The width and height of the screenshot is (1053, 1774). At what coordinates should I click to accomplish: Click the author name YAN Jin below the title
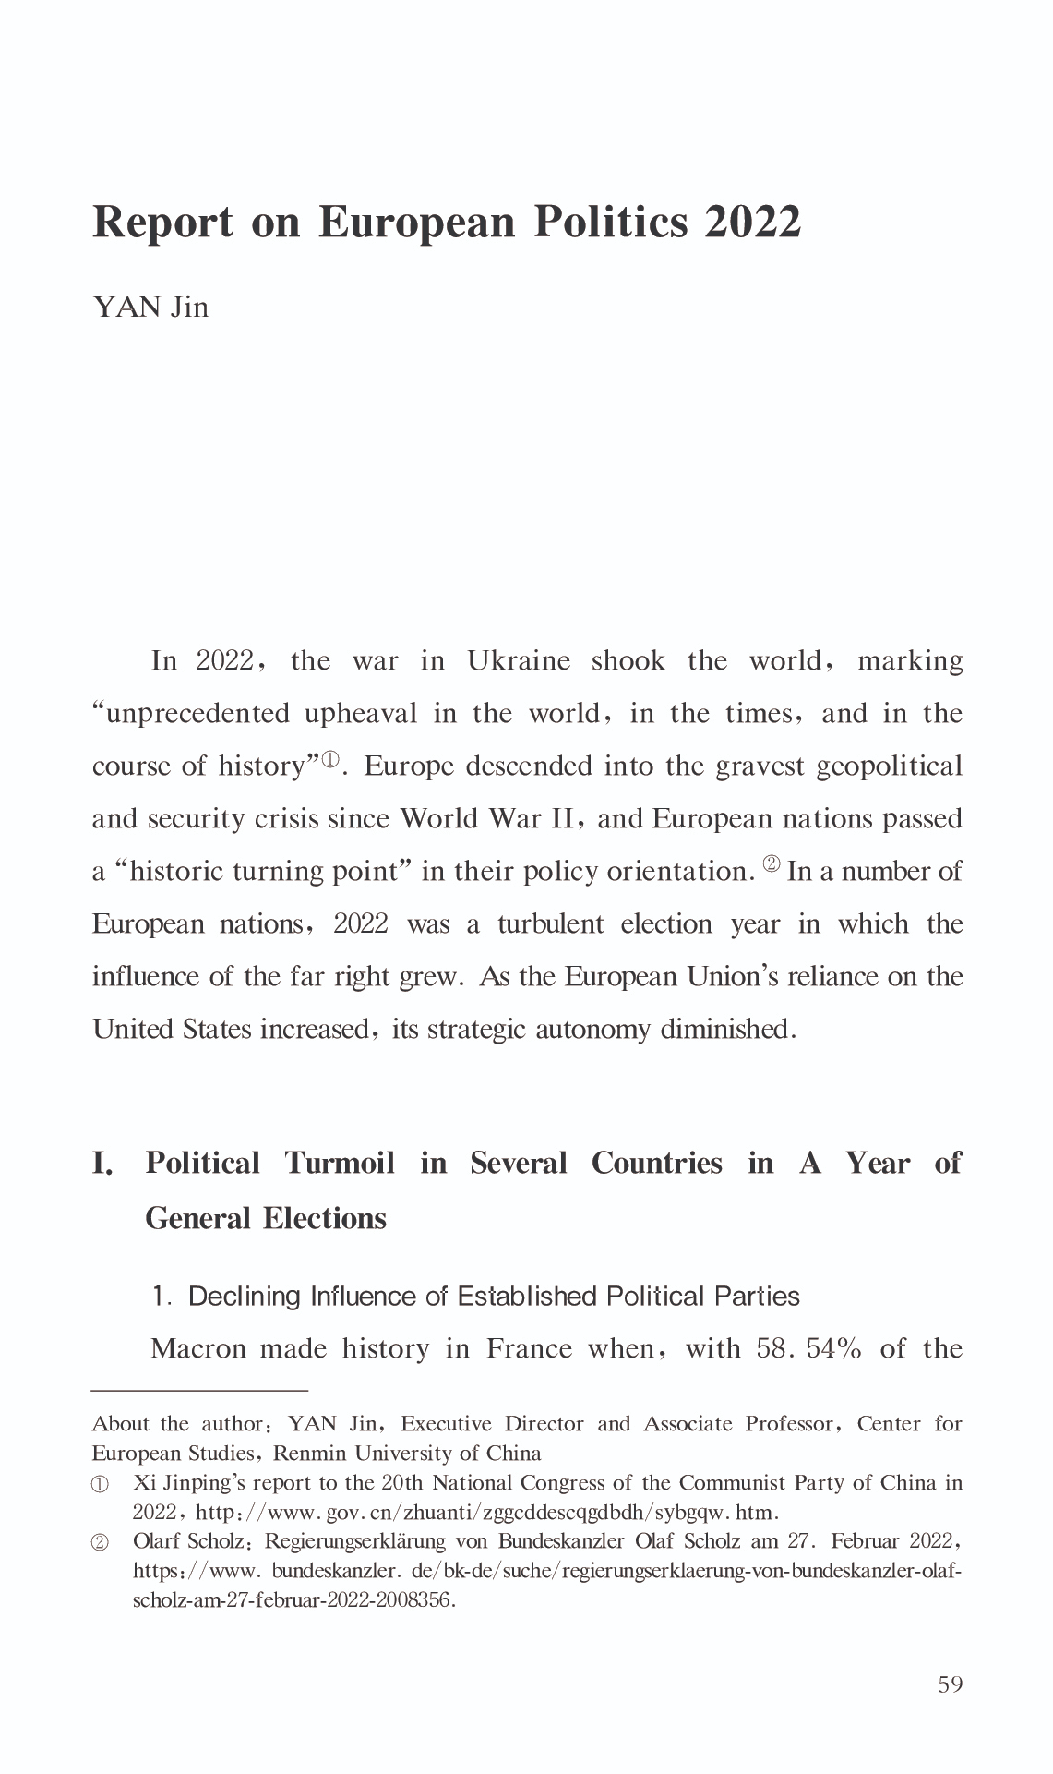click(x=150, y=307)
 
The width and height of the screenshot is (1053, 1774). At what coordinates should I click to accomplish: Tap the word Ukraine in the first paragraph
click(x=518, y=661)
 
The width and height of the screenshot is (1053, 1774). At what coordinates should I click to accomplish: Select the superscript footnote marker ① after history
click(x=329, y=761)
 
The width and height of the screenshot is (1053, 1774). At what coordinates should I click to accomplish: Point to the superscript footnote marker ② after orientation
click(x=771, y=865)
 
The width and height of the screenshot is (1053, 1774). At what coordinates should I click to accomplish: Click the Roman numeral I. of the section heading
click(x=102, y=1164)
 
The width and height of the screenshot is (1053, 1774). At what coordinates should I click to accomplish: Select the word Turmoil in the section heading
click(x=339, y=1163)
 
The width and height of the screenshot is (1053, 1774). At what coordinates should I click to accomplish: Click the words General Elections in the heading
click(x=266, y=1219)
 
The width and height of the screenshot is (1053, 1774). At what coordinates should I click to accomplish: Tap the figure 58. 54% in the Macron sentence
click(x=808, y=1349)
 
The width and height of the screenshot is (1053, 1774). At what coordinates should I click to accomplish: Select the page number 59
click(x=950, y=1684)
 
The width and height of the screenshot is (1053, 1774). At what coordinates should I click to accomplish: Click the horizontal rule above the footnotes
click(x=199, y=1389)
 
